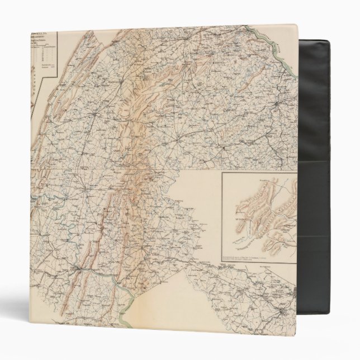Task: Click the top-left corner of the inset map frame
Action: point(222,173)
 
